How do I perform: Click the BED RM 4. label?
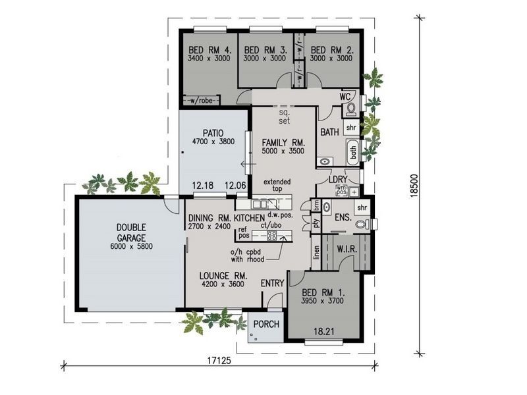(x=209, y=49)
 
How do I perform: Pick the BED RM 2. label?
(x=328, y=49)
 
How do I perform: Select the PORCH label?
(x=266, y=325)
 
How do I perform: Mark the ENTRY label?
(x=272, y=284)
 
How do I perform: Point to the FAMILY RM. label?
(x=282, y=142)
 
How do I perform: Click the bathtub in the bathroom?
(x=352, y=152)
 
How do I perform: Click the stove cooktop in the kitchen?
(x=271, y=234)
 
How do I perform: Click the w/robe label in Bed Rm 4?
(x=201, y=101)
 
